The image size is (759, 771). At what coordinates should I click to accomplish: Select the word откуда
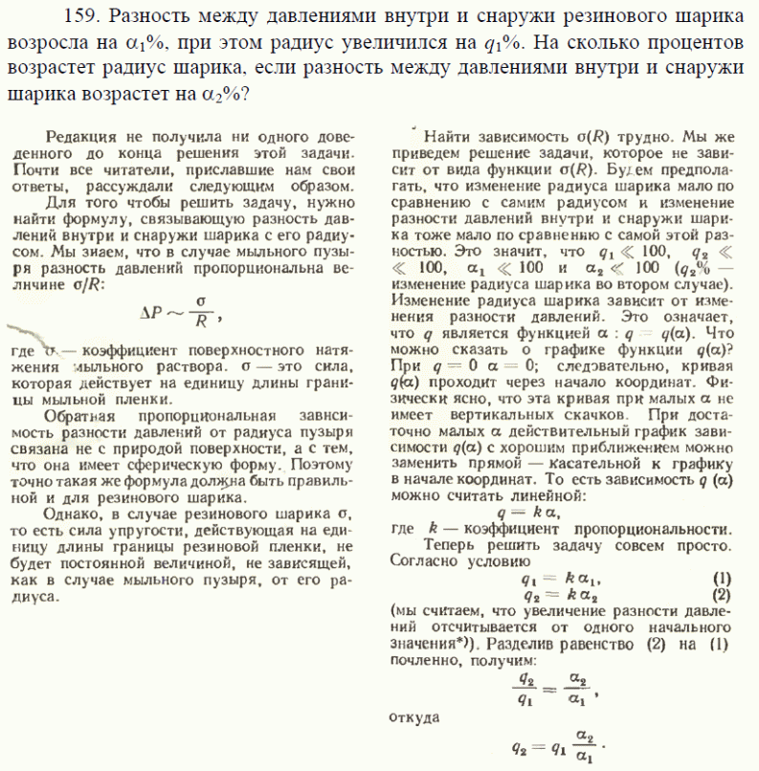pos(416,715)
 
